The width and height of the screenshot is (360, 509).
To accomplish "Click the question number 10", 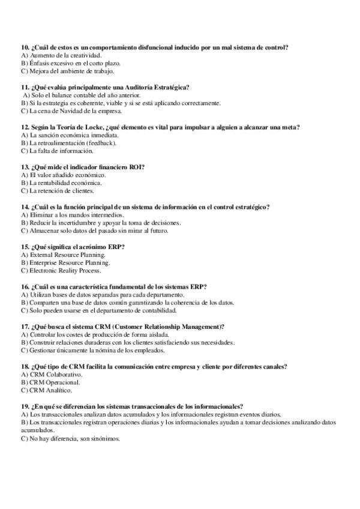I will pos(25,47).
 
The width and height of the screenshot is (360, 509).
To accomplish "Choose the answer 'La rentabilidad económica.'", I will pos(61,182).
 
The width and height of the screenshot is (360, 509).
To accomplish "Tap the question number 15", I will pos(25,246).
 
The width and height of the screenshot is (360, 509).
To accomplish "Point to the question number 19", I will pos(25,406).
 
